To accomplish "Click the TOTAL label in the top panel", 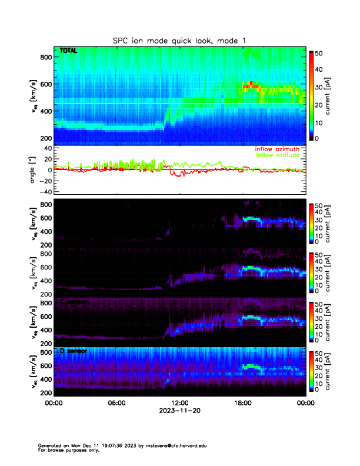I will tap(69, 52).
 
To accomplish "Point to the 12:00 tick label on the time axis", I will tap(179, 403).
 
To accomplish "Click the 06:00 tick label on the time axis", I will tap(116, 403).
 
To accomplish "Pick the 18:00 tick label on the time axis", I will tap(242, 403).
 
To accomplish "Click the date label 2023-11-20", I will tap(179, 411).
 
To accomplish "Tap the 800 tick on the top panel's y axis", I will tap(45, 57).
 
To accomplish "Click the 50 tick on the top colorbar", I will tap(319, 53).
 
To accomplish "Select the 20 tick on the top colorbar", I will tap(319, 104).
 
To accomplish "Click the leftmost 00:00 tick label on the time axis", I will tap(54, 403).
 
